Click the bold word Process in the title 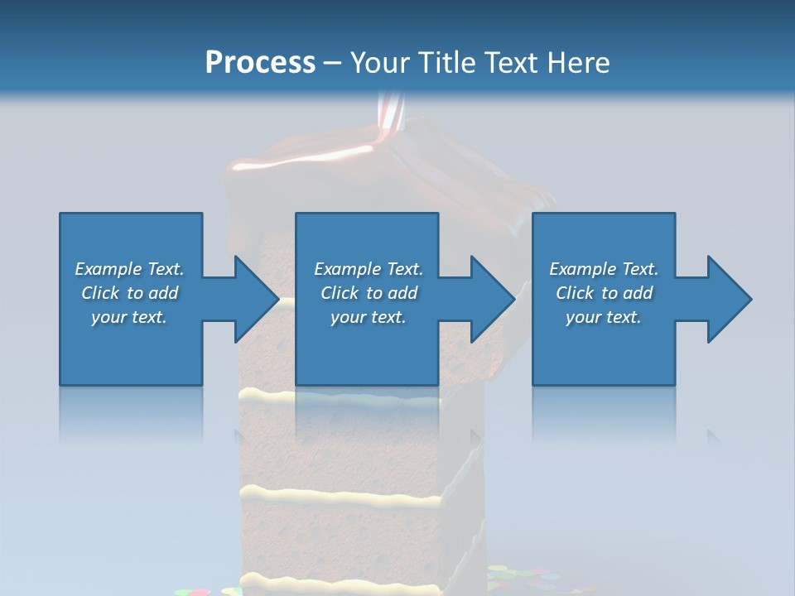pyautogui.click(x=260, y=63)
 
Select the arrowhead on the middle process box pyautogui.click(x=490, y=299)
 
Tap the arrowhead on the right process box pyautogui.click(x=727, y=299)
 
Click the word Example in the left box pyautogui.click(x=108, y=269)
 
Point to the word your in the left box pyautogui.click(x=108, y=317)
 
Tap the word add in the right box pyautogui.click(x=637, y=293)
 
